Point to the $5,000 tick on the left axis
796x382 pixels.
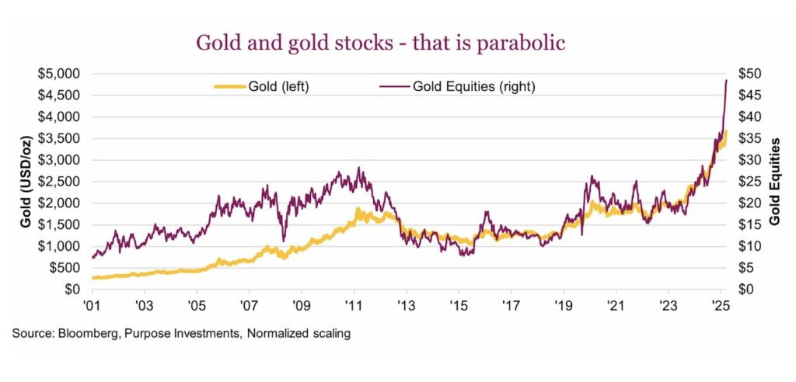(59, 75)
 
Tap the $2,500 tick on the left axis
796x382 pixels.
(59, 182)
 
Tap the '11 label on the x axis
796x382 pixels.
(354, 305)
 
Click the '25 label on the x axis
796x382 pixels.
(720, 305)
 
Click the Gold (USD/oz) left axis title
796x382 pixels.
(26, 182)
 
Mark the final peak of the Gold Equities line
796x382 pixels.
(726, 80)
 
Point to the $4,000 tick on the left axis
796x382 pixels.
(59, 117)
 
